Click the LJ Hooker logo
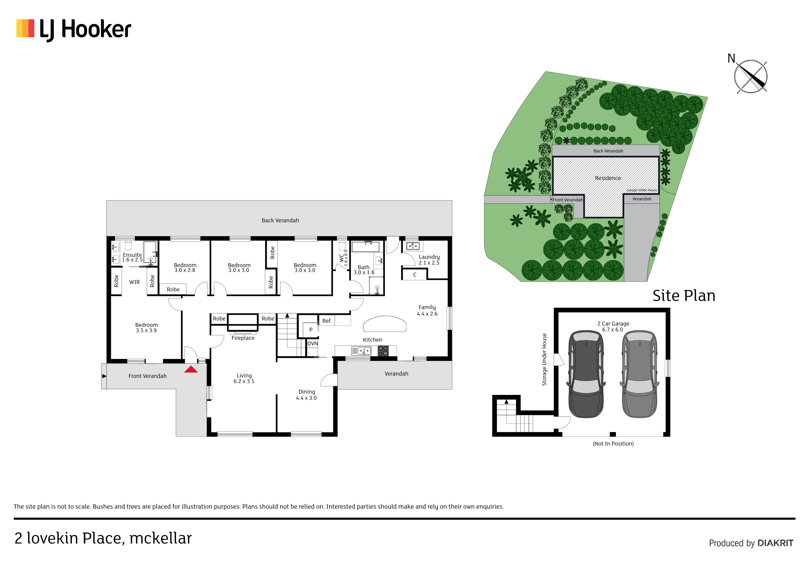[x=74, y=29]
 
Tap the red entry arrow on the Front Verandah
[x=191, y=369]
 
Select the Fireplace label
[x=243, y=338]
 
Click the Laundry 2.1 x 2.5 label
[x=429, y=260]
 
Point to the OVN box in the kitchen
[x=312, y=344]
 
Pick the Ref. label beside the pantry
[x=327, y=321]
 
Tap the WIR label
[x=135, y=282]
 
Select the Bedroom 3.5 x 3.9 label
[x=146, y=328]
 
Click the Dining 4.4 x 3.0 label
[x=306, y=395]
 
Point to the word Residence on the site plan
[x=608, y=178]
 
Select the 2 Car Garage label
[x=613, y=324]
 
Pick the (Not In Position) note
[x=613, y=444]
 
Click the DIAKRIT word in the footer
[x=775, y=543]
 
